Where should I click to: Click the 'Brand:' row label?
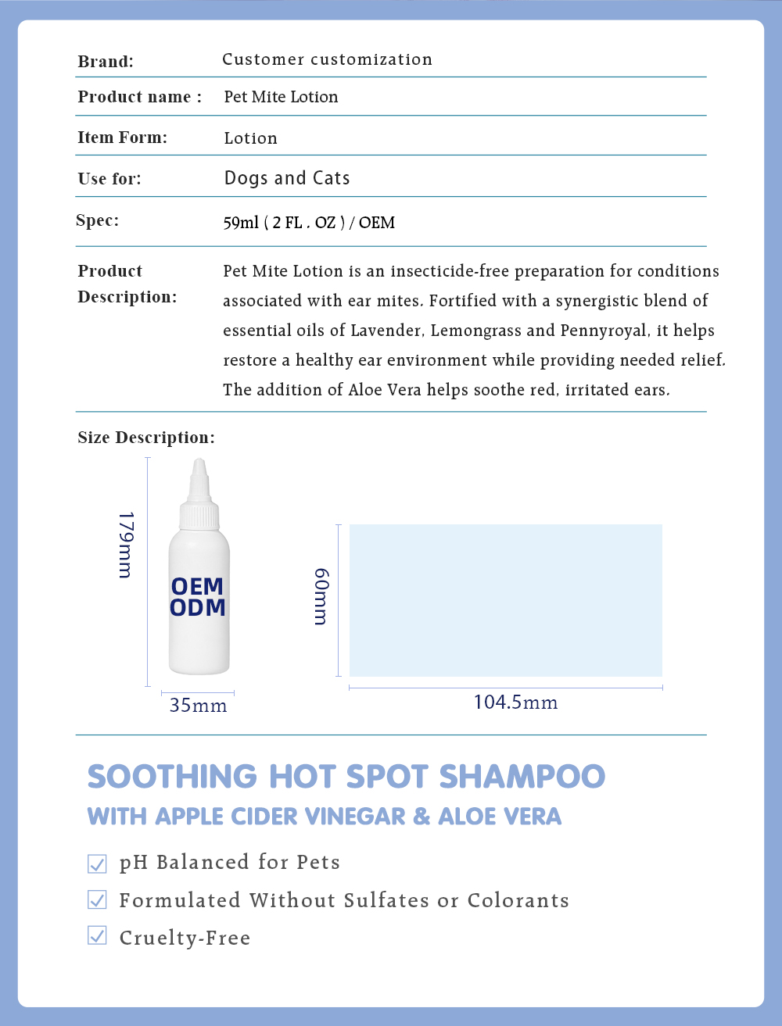point(106,62)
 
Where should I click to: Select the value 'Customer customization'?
point(327,59)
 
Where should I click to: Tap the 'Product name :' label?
point(139,97)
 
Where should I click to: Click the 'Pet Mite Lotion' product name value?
point(281,97)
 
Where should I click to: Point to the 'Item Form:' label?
point(122,138)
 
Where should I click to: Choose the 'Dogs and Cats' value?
point(287,178)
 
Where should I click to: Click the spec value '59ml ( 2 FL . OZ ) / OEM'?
point(309,223)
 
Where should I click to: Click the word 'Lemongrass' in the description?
point(475,331)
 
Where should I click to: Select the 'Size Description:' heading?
point(145,438)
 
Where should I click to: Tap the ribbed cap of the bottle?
point(199,516)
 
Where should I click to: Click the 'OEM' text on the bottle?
point(198,586)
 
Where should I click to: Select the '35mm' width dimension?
point(198,706)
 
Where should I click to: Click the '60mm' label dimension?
point(321,596)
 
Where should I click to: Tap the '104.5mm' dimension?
point(515,702)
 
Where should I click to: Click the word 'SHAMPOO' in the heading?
point(522,777)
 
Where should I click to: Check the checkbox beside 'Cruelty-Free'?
point(97,935)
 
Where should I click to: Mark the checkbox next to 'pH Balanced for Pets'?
point(97,863)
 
